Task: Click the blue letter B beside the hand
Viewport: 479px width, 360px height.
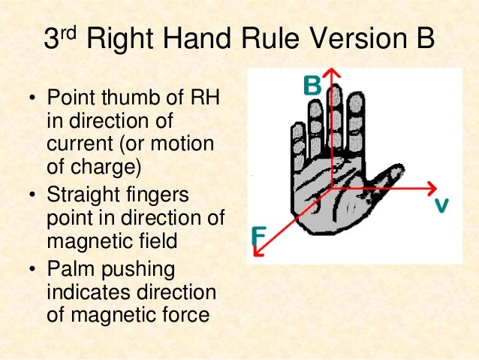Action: pos(312,85)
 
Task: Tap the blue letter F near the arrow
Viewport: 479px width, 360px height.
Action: pos(258,237)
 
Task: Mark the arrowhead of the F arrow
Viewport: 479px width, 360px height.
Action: pos(258,255)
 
